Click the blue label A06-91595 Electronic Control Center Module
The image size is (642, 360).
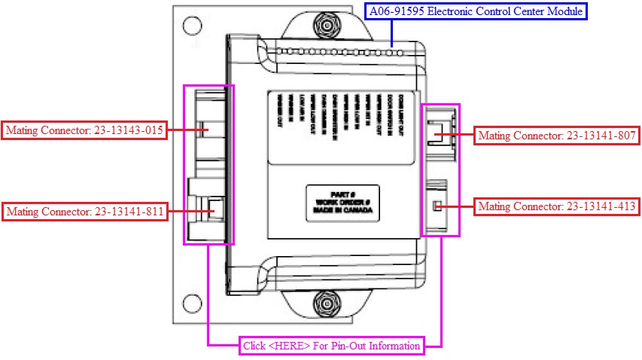tap(476, 11)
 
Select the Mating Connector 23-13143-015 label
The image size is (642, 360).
tap(84, 130)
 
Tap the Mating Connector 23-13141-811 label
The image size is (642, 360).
tap(84, 212)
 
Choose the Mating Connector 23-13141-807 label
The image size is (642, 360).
tap(558, 136)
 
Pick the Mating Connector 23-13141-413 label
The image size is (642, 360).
tap(558, 206)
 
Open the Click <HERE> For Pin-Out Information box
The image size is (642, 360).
tap(331, 346)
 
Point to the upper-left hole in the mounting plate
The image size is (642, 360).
tap(192, 27)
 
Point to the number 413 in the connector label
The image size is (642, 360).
tap(625, 206)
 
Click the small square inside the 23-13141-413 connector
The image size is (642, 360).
tap(436, 206)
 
